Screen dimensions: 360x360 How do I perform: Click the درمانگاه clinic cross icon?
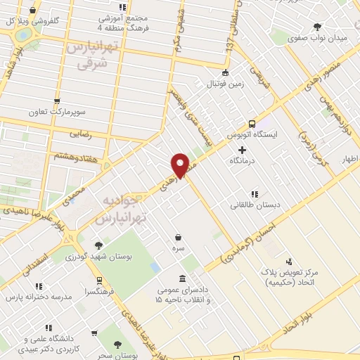tap(243, 149)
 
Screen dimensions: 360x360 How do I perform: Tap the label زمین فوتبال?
tap(224, 84)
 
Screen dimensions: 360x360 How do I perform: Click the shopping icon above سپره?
tap(179, 237)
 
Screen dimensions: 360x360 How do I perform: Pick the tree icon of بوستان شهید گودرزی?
tap(98, 245)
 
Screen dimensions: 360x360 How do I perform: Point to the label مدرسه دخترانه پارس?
tap(39, 297)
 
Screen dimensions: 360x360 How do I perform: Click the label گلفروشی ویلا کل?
tap(46, 21)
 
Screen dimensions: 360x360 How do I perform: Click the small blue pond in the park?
tap(155, 268)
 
